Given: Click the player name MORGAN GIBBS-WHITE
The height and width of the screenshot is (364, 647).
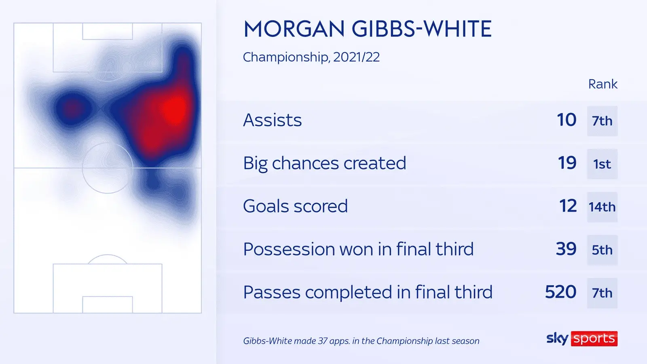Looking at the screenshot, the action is click(368, 29).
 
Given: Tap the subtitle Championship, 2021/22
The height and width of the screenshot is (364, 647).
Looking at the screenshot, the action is click(311, 57).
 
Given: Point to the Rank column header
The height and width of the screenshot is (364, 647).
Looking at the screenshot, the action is click(603, 84).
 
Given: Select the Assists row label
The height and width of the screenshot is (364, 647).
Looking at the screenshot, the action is click(273, 120).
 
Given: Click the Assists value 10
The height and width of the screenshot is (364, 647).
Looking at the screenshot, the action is click(567, 120).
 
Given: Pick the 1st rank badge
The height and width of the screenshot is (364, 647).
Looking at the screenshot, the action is click(602, 164).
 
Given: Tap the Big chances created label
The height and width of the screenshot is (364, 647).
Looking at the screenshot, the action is click(324, 163).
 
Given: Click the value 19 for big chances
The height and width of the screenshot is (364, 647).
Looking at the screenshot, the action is click(567, 163).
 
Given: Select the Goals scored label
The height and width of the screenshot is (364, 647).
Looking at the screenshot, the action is click(295, 206).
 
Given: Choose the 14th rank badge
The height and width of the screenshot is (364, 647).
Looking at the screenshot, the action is click(602, 207).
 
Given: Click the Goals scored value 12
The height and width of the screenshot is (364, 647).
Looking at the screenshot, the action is click(568, 206).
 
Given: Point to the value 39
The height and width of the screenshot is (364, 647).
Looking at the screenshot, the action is click(566, 249).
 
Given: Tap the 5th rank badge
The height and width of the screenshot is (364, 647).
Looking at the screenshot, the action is click(602, 250).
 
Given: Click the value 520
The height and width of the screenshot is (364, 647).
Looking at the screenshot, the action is click(560, 292).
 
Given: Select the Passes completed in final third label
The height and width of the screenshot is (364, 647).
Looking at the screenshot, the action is click(368, 292).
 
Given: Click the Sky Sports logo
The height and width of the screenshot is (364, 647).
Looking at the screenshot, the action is click(582, 339).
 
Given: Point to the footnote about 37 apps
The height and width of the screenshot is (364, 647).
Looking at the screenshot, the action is click(361, 341).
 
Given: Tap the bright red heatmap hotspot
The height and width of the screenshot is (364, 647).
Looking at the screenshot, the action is click(174, 110).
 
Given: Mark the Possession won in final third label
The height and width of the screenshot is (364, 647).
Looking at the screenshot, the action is click(358, 249).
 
